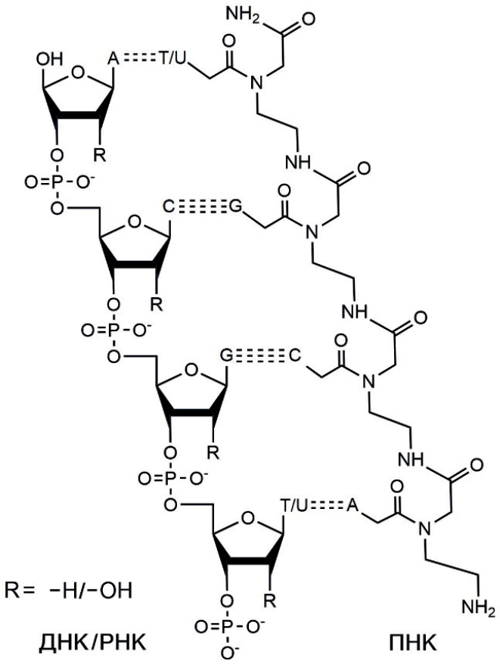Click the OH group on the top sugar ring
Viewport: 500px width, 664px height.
pos(50,59)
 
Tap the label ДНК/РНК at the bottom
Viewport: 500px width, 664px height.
pos(92,643)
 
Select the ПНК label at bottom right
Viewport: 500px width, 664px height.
pos(411,643)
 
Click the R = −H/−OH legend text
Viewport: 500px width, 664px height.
pos(69,591)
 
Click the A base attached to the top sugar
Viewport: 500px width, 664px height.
pos(113,59)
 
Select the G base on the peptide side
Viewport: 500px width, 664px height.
pos(235,207)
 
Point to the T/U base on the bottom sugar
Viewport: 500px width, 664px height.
pos(293,504)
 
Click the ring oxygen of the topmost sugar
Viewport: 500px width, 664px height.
pos(78,72)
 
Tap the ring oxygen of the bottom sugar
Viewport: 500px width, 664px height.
pos(248,517)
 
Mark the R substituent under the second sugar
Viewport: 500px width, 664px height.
pos(157,304)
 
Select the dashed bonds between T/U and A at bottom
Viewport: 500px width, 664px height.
pos(327,504)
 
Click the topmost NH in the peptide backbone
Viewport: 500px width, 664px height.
pos(298,163)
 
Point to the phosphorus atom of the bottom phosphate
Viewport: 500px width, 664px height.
pos(228,626)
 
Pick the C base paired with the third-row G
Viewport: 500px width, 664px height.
pos(295,355)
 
